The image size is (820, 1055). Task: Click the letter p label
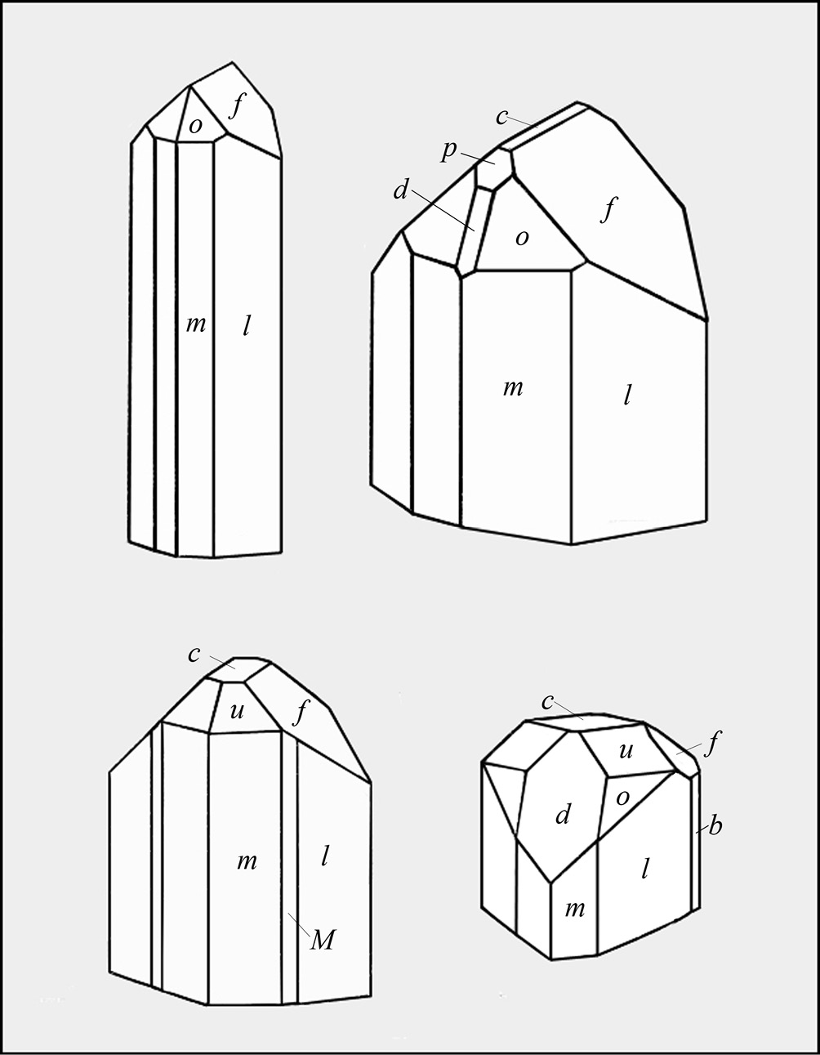449,151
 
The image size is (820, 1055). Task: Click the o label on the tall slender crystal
195,126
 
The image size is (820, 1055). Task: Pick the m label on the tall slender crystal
195,324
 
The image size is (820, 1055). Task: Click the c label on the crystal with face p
502,117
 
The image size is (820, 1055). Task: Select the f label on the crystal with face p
608,208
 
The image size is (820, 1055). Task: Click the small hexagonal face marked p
493,168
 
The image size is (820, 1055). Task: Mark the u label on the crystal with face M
237,711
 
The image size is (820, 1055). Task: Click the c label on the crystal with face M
194,655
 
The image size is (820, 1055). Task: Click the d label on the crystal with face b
563,814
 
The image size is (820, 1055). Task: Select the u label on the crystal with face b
626,750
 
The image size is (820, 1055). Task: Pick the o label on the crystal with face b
622,798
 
